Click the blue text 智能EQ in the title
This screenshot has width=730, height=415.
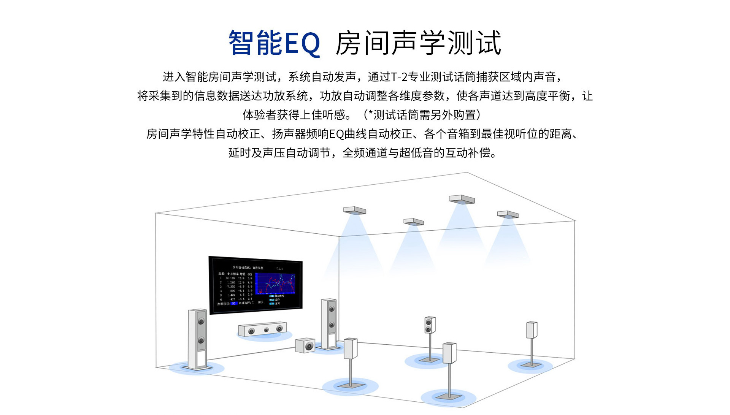274,43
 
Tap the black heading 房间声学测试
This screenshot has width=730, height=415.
418,43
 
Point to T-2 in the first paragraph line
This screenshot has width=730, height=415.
399,77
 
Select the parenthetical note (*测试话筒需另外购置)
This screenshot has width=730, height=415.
422,115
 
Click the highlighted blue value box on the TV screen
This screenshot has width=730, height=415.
234,303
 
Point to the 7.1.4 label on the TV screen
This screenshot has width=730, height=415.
279,269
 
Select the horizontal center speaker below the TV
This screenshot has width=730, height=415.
262,329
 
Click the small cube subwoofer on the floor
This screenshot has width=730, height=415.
305,345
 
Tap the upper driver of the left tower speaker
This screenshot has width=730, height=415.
201,322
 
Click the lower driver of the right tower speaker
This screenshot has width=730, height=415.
332,325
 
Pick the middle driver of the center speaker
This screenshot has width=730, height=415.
266,330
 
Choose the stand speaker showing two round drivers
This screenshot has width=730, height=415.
430,325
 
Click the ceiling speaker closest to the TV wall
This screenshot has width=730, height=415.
354,211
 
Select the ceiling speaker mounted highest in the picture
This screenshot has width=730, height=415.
462,200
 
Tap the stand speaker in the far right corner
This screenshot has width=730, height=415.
532,330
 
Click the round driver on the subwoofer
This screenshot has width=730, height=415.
309,346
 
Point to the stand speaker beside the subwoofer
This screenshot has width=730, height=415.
351,348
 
